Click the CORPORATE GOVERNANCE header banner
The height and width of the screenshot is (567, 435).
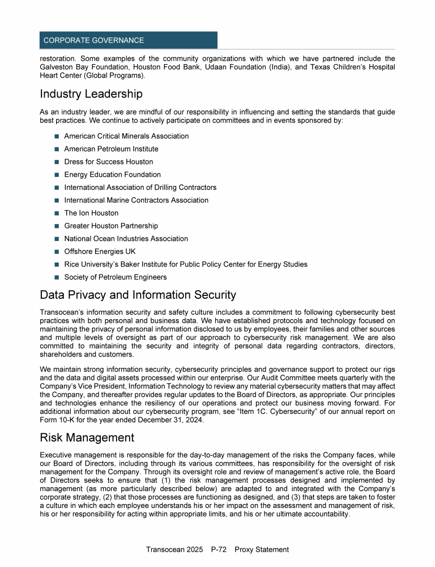128,40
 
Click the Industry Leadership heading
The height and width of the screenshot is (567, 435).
91,94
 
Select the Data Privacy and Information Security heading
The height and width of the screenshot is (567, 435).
138,295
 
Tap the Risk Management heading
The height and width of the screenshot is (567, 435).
87,438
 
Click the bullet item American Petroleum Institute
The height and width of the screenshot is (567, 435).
111,149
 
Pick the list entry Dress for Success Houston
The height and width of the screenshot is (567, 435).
108,162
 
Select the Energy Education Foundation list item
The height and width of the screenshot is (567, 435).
112,175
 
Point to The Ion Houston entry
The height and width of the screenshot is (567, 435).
91,213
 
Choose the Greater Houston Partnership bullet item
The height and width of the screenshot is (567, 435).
111,226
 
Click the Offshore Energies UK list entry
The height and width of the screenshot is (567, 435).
100,251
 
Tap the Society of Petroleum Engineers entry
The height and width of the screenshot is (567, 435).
116,277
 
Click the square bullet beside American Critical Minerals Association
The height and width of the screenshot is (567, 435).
57,136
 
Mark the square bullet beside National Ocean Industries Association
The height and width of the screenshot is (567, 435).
57,239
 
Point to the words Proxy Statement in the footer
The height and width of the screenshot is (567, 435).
262,549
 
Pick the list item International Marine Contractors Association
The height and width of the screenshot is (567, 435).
136,200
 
